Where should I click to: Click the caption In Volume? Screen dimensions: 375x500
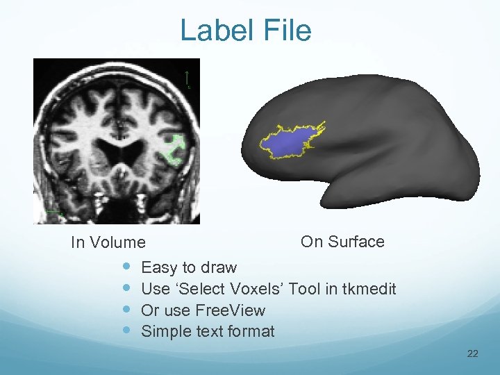[108, 242]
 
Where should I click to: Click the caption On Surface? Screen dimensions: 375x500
[342, 242]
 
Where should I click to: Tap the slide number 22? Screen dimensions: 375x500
[473, 354]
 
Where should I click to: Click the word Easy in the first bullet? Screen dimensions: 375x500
[159, 267]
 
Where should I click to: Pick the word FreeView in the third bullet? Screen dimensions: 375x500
[231, 310]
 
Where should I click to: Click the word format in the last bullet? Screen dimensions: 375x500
[251, 332]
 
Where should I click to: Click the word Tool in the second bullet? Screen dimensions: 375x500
[305, 289]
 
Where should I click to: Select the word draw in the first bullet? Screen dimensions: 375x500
[219, 267]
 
